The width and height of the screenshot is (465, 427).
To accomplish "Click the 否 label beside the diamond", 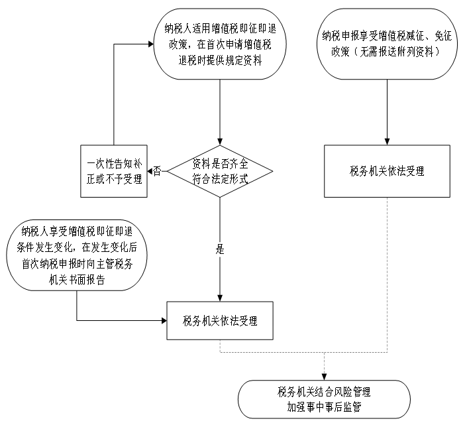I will [157, 171].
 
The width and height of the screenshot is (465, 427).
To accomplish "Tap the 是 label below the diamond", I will [221, 250].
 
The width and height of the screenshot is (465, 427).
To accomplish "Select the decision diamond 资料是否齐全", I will [220, 171].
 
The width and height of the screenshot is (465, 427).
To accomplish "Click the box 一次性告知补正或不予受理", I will [114, 171].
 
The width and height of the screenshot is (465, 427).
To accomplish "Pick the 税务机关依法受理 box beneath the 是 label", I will [220, 321].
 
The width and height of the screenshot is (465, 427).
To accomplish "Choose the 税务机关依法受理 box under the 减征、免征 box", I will [387, 171].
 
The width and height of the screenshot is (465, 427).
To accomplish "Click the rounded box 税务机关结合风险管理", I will [324, 398].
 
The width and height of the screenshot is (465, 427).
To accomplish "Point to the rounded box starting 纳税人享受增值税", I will [77, 256].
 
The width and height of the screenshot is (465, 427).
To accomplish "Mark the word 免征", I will [439, 36].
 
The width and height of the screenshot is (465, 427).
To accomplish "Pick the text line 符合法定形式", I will [220, 179].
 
